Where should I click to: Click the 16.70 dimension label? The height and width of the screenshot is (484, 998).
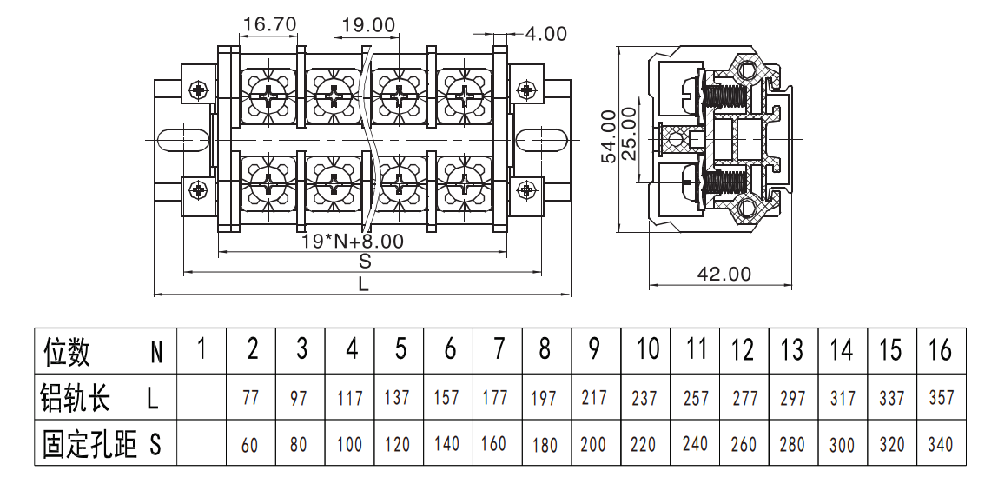pyautogui.click(x=269, y=25)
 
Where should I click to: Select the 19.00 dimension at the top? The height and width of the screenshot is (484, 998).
pyautogui.click(x=368, y=25)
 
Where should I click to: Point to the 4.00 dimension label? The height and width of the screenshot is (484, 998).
pyautogui.click(x=545, y=34)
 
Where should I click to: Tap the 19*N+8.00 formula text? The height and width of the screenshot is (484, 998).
pyautogui.click(x=352, y=241)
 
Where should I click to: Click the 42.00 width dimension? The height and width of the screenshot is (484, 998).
pyautogui.click(x=724, y=274)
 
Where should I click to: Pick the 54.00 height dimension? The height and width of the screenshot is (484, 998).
pyautogui.click(x=609, y=136)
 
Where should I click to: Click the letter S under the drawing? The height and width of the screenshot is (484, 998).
pyautogui.click(x=365, y=261)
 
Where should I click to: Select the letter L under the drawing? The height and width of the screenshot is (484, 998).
pyautogui.click(x=363, y=284)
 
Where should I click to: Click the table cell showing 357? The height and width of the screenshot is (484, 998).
pyautogui.click(x=942, y=397)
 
